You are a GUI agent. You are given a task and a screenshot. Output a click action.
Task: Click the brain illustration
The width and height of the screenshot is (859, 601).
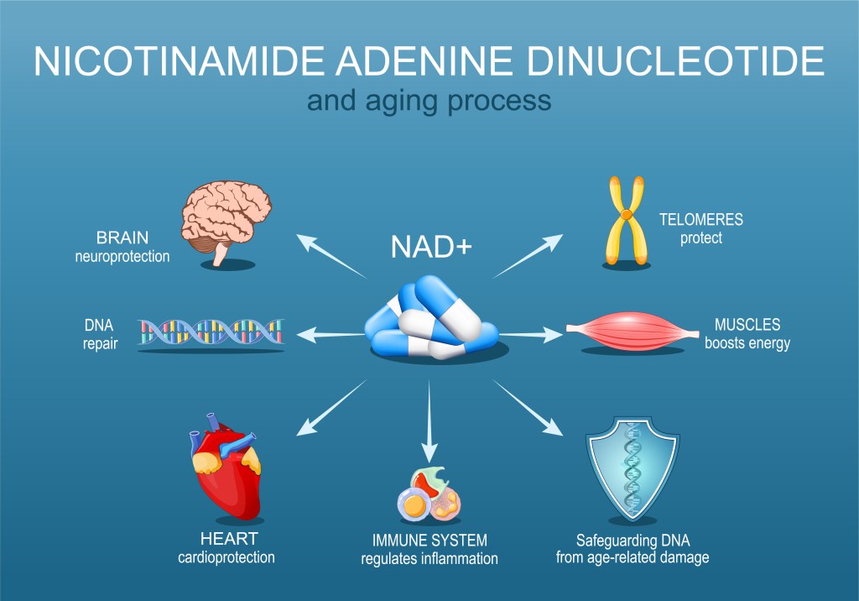coord(226,220)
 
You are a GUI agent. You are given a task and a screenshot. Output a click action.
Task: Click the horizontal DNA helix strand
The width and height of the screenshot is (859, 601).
coord(211,332)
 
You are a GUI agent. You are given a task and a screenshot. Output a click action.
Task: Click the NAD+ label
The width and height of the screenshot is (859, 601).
coord(429,247)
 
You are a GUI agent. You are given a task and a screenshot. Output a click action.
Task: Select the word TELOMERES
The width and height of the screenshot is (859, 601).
coord(700,221)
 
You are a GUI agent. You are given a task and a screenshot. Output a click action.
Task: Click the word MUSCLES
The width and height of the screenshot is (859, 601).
coord(747,324)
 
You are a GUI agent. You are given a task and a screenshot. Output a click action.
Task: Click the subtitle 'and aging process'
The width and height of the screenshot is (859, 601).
coord(429,101)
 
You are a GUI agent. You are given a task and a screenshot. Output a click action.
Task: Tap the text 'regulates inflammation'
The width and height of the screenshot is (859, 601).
coord(429,558)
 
